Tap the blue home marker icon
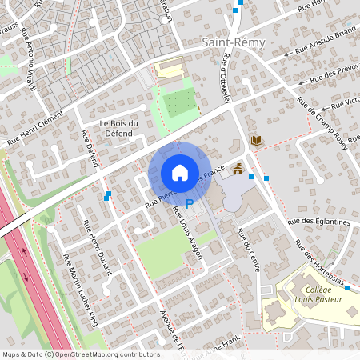(x=179, y=172)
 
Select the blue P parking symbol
(x=190, y=205)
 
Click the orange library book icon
(x=256, y=141)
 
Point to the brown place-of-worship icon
(x=238, y=169)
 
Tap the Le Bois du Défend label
(x=119, y=127)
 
